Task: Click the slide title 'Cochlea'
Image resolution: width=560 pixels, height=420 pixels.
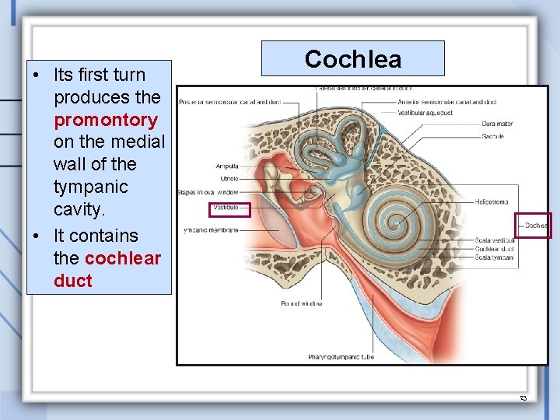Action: (x=352, y=59)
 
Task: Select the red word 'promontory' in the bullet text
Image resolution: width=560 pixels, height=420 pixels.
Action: (x=106, y=120)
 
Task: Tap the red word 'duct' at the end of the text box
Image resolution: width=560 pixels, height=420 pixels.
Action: (x=73, y=281)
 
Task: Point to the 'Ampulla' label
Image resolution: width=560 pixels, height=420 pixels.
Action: (x=227, y=166)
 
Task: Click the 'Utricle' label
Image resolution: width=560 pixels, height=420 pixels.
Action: (x=229, y=179)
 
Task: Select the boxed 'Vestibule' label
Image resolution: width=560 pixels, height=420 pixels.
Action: (x=230, y=209)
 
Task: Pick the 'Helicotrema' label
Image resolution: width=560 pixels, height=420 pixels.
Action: (x=492, y=201)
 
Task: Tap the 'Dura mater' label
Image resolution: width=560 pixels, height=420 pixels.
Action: (x=497, y=124)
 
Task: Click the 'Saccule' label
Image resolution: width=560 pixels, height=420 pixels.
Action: (x=492, y=137)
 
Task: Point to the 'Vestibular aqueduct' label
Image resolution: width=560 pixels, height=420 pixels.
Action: (x=425, y=114)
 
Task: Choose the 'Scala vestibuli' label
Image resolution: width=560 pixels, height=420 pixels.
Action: (x=495, y=240)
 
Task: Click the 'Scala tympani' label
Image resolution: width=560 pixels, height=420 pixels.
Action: (x=494, y=257)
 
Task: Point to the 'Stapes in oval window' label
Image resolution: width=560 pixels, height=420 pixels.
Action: (x=208, y=191)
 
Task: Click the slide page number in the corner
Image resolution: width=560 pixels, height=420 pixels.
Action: (x=523, y=397)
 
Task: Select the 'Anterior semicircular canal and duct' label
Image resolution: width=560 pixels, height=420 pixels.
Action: (x=446, y=102)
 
